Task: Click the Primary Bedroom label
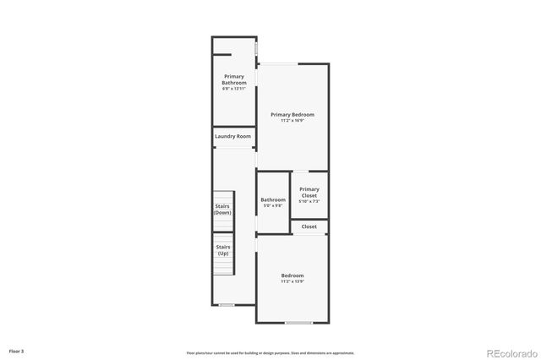click(292, 114)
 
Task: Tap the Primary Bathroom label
click(234, 79)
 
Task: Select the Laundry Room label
click(232, 136)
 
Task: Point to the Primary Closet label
click(309, 192)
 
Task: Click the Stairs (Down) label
click(222, 209)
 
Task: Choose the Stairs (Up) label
click(223, 250)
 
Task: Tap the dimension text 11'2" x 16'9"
click(292, 121)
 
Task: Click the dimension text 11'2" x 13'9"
click(292, 282)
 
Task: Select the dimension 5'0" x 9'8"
click(273, 205)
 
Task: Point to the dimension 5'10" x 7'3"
click(309, 201)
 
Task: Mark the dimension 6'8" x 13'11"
click(234, 89)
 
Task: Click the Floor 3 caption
click(17, 350)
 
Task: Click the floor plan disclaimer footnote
click(270, 353)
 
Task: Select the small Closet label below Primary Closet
click(309, 226)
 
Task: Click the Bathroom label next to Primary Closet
click(273, 199)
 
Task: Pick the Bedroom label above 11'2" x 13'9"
click(292, 275)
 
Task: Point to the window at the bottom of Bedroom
click(298, 323)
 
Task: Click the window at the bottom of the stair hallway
click(227, 304)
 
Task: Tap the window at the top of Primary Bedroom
click(278, 63)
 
